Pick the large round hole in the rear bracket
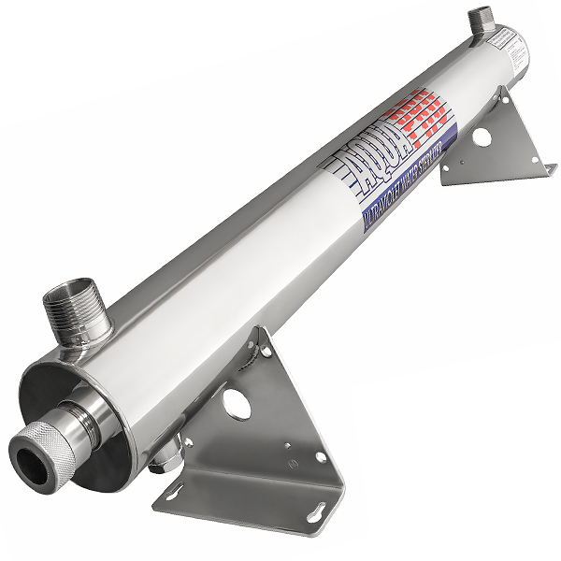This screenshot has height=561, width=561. tap(482, 137)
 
